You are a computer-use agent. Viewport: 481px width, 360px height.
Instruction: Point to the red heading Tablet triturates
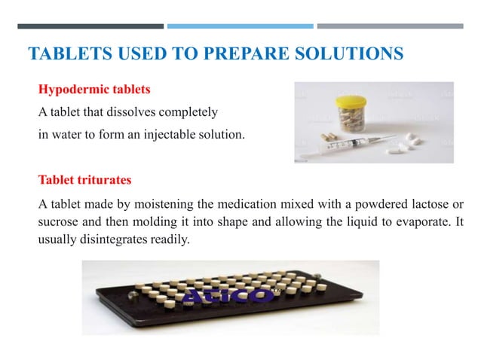tap(84, 181)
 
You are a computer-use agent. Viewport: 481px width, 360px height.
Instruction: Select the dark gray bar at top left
tap(90, 26)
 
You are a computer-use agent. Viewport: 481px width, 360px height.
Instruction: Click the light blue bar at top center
tap(240, 26)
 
